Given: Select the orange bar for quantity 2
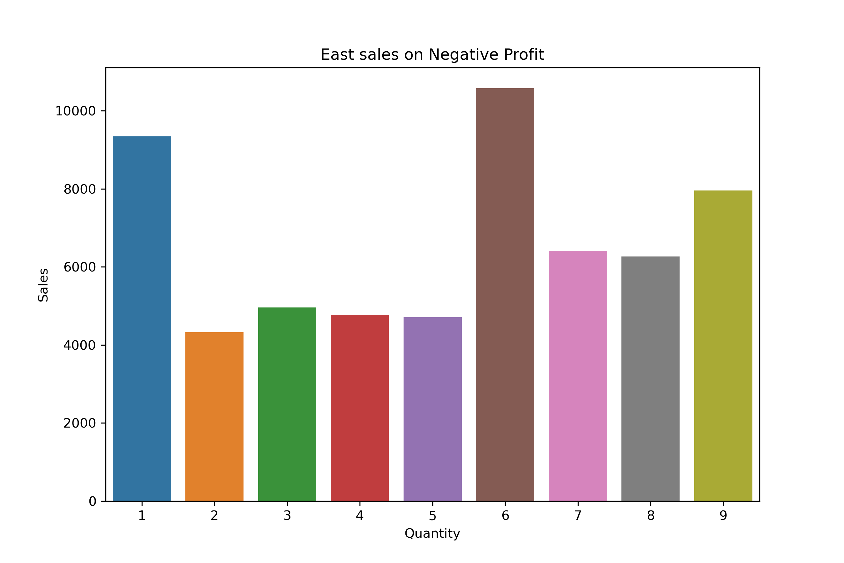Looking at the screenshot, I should pyautogui.click(x=214, y=417).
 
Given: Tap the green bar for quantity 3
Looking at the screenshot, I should pyautogui.click(x=287, y=404).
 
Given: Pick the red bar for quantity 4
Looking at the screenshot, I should pyautogui.click(x=359, y=408).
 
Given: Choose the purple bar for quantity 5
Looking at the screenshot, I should pyautogui.click(x=432, y=409).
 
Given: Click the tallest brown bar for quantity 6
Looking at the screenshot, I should pyautogui.click(x=505, y=294).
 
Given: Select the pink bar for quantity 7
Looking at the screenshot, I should pyautogui.click(x=578, y=376).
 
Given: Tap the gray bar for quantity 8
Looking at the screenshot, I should pyautogui.click(x=650, y=378).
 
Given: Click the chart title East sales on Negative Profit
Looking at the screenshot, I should pyautogui.click(x=432, y=54).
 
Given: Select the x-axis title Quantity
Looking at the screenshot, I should pyautogui.click(x=432, y=534).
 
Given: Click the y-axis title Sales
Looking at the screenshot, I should pyautogui.click(x=43, y=285).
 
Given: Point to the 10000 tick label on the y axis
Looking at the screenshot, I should pyautogui.click(x=75, y=111).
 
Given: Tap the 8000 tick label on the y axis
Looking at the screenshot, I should pyautogui.click(x=80, y=189).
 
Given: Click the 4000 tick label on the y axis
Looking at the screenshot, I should pyautogui.click(x=80, y=345).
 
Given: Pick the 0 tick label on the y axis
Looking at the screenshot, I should pyautogui.click(x=93, y=502).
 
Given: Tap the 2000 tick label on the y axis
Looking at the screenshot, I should pyautogui.click(x=80, y=423).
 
